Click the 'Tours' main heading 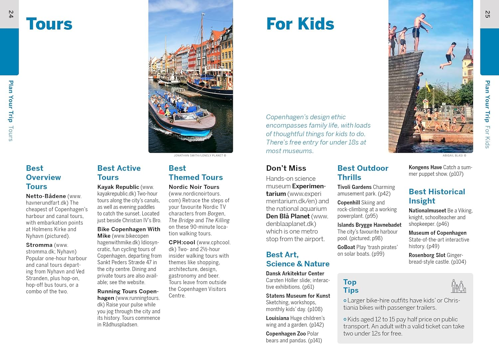[x=49, y=24]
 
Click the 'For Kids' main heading [x=300, y=24]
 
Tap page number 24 [x=11, y=14]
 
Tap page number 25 [x=487, y=14]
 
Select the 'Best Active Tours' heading [x=119, y=173]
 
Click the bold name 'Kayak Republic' [x=118, y=187]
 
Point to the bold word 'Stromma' [x=39, y=245]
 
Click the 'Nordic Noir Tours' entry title [x=194, y=187]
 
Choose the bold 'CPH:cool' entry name [x=182, y=243]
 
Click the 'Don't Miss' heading [x=286, y=168]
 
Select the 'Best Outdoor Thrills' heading [x=363, y=173]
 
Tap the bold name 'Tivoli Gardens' [x=354, y=187]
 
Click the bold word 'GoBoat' [x=346, y=247]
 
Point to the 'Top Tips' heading [x=351, y=286]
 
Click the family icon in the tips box [x=458, y=286]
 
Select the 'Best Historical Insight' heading [x=436, y=196]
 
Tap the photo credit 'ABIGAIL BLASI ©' [x=454, y=155]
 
